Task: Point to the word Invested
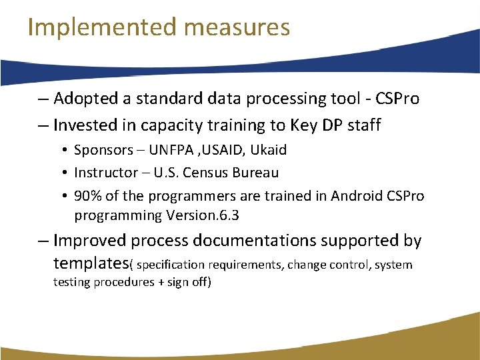pyautogui.click(x=83, y=125)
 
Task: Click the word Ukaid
pyautogui.click(x=269, y=151)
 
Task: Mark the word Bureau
pyautogui.click(x=255, y=173)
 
